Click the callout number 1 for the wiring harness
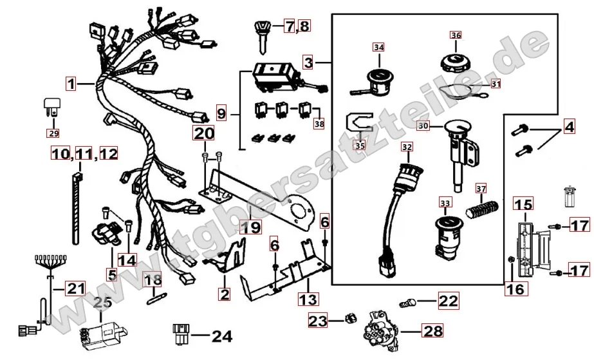pos(71,83)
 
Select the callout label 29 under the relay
pos(52,133)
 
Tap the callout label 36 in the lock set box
pos(456,35)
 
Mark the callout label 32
pos(406,147)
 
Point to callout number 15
pos(523,205)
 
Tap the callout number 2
pos(223,294)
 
